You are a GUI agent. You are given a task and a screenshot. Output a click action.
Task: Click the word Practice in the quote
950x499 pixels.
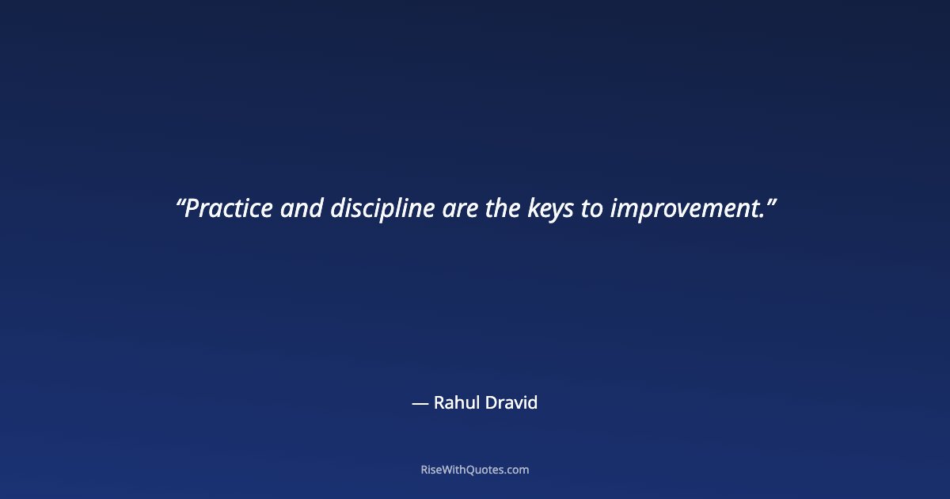click(x=229, y=208)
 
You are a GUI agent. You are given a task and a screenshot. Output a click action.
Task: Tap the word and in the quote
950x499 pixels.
click(x=302, y=208)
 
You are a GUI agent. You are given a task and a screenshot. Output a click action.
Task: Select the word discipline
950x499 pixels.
click(x=382, y=210)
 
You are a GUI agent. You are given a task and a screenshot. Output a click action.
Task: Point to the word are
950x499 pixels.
click(x=460, y=209)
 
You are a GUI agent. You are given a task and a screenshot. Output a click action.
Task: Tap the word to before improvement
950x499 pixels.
click(x=592, y=209)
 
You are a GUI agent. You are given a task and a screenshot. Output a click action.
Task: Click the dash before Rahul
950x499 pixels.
click(x=420, y=403)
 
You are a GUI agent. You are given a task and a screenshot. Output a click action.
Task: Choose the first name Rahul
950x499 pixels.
click(x=457, y=402)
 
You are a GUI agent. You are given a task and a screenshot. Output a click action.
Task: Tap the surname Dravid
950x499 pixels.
click(x=511, y=402)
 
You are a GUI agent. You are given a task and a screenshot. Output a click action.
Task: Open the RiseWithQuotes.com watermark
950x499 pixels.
click(x=475, y=470)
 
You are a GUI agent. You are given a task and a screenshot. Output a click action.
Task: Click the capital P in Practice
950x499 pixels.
click(x=192, y=208)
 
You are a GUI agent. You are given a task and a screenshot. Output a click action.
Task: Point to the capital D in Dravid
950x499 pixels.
click(x=492, y=402)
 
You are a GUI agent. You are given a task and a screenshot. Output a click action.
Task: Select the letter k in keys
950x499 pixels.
click(x=533, y=208)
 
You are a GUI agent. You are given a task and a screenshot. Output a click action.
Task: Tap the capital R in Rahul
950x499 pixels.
click(x=440, y=402)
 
